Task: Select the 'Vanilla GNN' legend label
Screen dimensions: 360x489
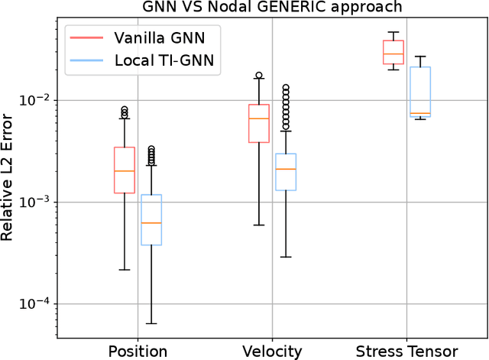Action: click(x=160, y=37)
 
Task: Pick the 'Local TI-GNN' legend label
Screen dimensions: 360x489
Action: click(x=165, y=60)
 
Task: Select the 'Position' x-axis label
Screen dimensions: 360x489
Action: click(x=138, y=352)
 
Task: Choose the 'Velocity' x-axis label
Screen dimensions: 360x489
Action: click(x=272, y=352)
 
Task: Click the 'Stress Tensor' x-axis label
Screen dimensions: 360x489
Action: click(x=406, y=352)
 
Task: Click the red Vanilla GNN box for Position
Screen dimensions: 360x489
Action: click(x=125, y=170)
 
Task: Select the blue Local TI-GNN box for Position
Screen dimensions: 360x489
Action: click(x=151, y=220)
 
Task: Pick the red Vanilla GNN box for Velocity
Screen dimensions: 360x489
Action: click(x=259, y=123)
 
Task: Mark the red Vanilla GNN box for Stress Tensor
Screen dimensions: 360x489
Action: click(x=393, y=52)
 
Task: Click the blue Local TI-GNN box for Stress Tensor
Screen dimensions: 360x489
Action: click(x=420, y=91)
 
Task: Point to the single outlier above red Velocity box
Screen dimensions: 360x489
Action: click(x=259, y=76)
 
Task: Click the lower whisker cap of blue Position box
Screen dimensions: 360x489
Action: click(x=151, y=323)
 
